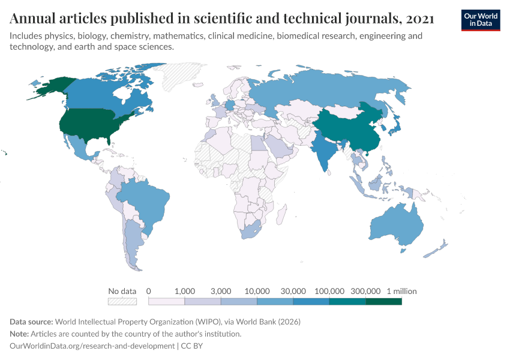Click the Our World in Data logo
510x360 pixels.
click(x=480, y=20)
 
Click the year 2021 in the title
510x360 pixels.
click(x=420, y=19)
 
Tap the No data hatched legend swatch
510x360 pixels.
click(x=122, y=301)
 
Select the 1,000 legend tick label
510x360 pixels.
click(x=184, y=291)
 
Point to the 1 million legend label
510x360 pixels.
click(x=401, y=291)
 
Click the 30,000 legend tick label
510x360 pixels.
click(x=293, y=291)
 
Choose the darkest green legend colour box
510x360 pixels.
click(x=383, y=301)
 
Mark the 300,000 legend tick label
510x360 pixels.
click(x=365, y=291)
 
